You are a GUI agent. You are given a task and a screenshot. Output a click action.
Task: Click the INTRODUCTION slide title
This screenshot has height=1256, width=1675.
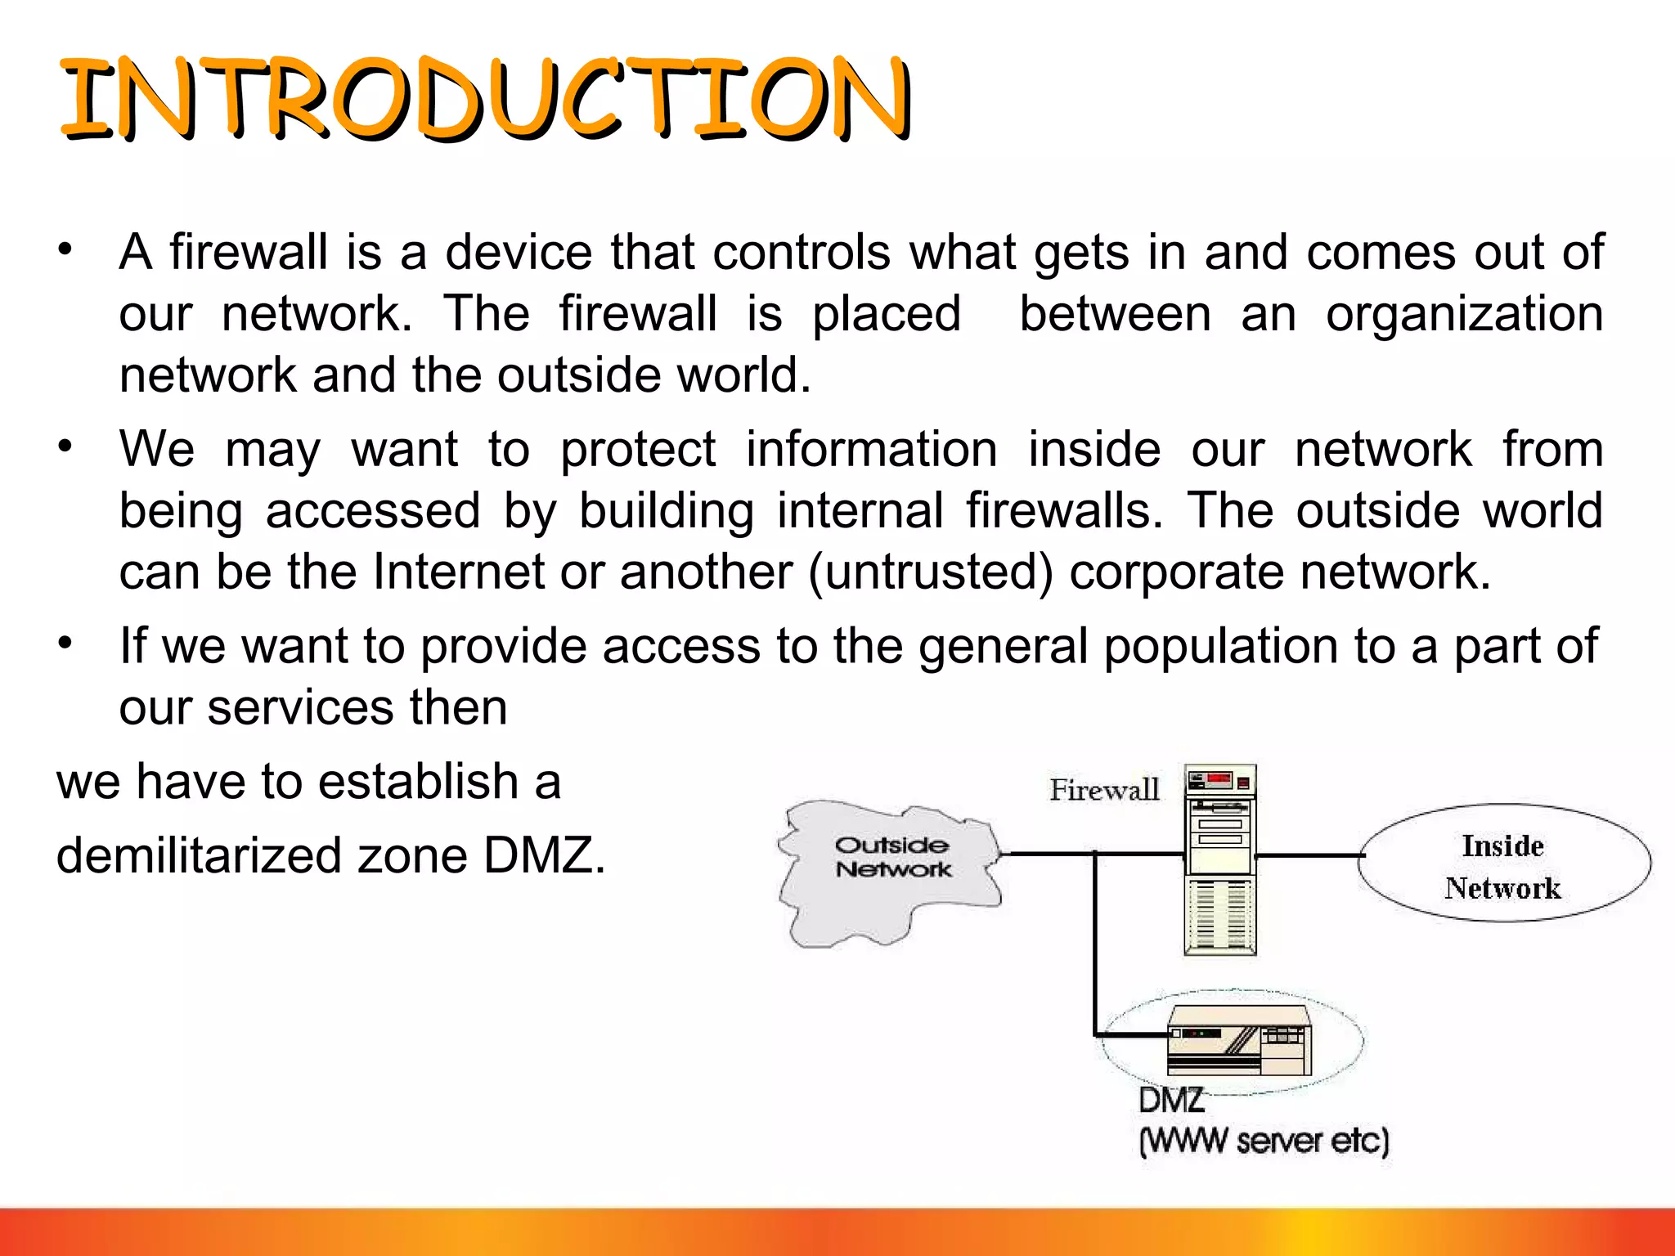point(486,100)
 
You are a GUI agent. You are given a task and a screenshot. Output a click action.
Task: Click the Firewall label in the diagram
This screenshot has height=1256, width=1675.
point(1104,790)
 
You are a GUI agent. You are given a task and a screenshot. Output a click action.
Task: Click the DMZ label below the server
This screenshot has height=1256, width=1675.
point(1171,1101)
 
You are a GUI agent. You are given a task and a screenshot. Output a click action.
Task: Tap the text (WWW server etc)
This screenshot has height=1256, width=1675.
point(1264,1141)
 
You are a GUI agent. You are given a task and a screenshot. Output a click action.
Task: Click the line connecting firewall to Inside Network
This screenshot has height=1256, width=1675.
point(1307,855)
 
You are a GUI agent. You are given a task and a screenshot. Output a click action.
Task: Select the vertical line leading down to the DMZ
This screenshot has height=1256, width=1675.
point(1094,949)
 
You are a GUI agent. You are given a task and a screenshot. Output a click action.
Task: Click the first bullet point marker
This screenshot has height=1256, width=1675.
point(65,249)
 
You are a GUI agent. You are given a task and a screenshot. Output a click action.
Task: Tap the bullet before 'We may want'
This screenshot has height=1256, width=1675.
point(65,446)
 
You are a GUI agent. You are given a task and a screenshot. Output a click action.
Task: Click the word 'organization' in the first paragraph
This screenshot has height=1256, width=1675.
point(1464,315)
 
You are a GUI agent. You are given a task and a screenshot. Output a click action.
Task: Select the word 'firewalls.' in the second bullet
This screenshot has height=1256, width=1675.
point(1063,511)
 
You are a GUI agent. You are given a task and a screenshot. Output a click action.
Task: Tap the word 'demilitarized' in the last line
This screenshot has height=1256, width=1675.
point(199,856)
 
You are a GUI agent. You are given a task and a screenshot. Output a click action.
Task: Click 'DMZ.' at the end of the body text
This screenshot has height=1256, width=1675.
point(544,856)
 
